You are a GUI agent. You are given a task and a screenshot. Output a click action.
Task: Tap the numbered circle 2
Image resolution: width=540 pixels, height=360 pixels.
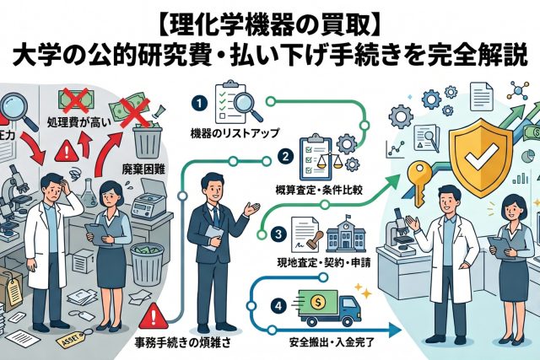pos(286,158)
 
